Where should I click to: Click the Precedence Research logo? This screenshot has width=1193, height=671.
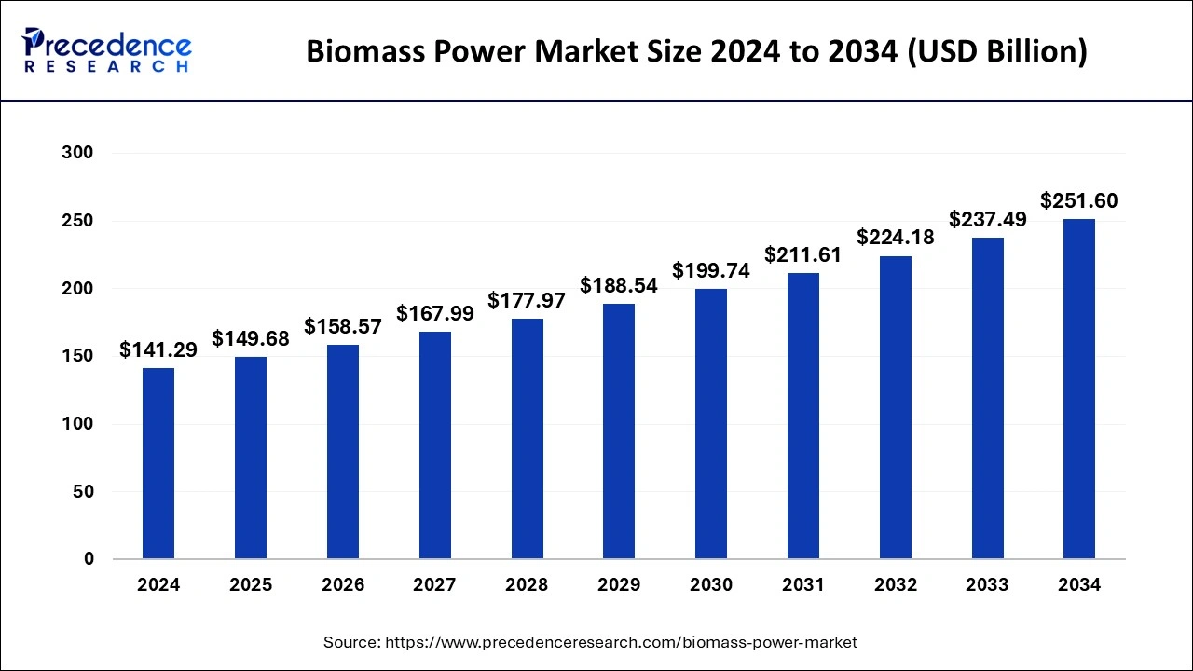pyautogui.click(x=106, y=50)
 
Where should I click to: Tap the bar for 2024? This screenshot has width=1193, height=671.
pyautogui.click(x=158, y=463)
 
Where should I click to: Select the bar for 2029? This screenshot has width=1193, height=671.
pyautogui.click(x=619, y=431)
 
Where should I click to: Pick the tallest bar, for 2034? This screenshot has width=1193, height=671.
pyautogui.click(x=1079, y=389)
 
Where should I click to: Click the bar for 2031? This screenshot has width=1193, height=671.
pyautogui.click(x=802, y=416)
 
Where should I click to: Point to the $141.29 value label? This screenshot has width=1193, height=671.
pyautogui.click(x=158, y=350)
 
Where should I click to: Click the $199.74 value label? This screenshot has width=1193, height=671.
pyautogui.click(x=711, y=270)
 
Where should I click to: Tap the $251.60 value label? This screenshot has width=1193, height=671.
pyautogui.click(x=1079, y=200)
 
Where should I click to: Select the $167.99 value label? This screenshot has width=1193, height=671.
pyautogui.click(x=435, y=314)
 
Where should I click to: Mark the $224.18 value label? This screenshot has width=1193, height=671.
pyautogui.click(x=895, y=238)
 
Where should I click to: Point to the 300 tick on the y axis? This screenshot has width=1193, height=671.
pyautogui.click(x=78, y=153)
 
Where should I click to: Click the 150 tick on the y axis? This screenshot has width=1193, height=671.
pyautogui.click(x=78, y=356)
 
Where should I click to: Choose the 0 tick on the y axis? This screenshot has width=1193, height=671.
pyautogui.click(x=89, y=559)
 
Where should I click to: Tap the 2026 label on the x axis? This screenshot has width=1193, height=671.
pyautogui.click(x=343, y=585)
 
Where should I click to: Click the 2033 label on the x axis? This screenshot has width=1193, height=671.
pyautogui.click(x=987, y=585)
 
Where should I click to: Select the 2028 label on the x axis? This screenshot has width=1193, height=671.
pyautogui.click(x=527, y=585)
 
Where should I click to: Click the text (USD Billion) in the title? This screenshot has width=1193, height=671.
pyautogui.click(x=994, y=52)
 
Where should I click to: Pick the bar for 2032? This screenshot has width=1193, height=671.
pyautogui.click(x=895, y=407)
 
